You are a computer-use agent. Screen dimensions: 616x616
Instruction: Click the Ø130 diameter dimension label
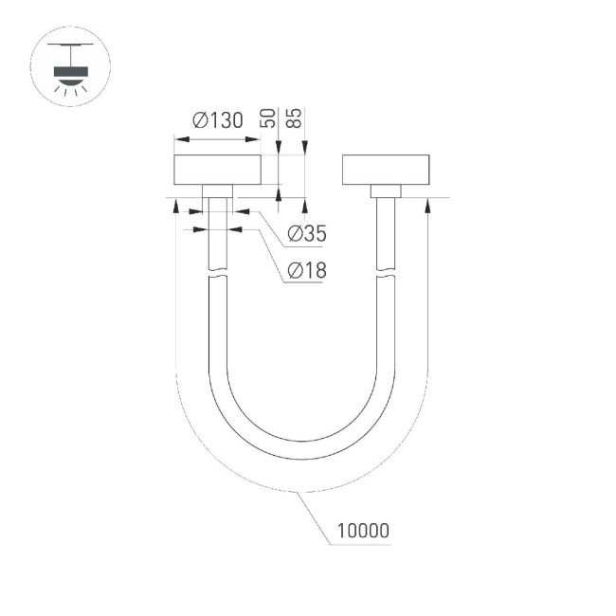[x=217, y=121]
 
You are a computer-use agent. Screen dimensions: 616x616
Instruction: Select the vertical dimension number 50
[x=268, y=118]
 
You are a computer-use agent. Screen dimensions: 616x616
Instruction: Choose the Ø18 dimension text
[x=305, y=271]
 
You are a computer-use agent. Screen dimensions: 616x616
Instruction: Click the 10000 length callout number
[x=360, y=532]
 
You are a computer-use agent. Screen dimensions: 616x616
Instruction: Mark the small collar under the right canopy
[x=386, y=190]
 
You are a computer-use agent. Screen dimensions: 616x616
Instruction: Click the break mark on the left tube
[x=217, y=275]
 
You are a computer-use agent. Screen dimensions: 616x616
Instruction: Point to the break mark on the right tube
[x=386, y=275]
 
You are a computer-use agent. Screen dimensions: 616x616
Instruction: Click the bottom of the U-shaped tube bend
[x=301, y=449]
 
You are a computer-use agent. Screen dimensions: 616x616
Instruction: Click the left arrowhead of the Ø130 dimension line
[x=180, y=139]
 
